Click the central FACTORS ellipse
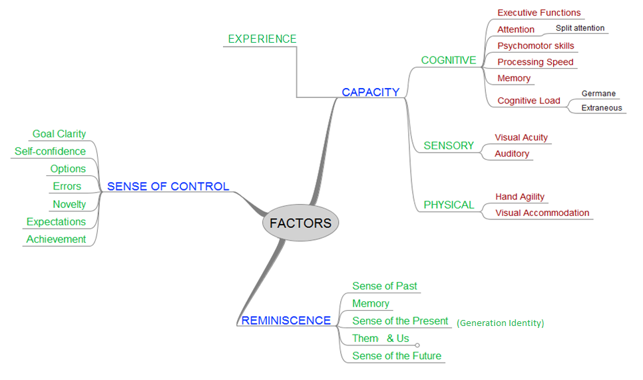tap(300, 223)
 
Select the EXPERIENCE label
tap(262, 39)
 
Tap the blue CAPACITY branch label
tap(370, 92)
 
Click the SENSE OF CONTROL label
tap(168, 187)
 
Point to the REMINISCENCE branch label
tap(286, 321)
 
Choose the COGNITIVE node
tap(448, 60)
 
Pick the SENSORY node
tap(449, 145)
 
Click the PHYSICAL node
tap(449, 205)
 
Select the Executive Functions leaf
tap(538, 13)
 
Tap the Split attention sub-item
tap(580, 28)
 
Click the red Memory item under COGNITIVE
tap(514, 78)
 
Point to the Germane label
tap(598, 93)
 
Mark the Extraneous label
tap(602, 108)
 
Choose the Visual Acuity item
tap(521, 137)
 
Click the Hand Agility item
tap(520, 197)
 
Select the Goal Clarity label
tap(59, 134)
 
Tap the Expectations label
tap(56, 221)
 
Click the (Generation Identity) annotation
tap(500, 323)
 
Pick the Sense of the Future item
tap(397, 355)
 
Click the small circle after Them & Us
tap(417, 345)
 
